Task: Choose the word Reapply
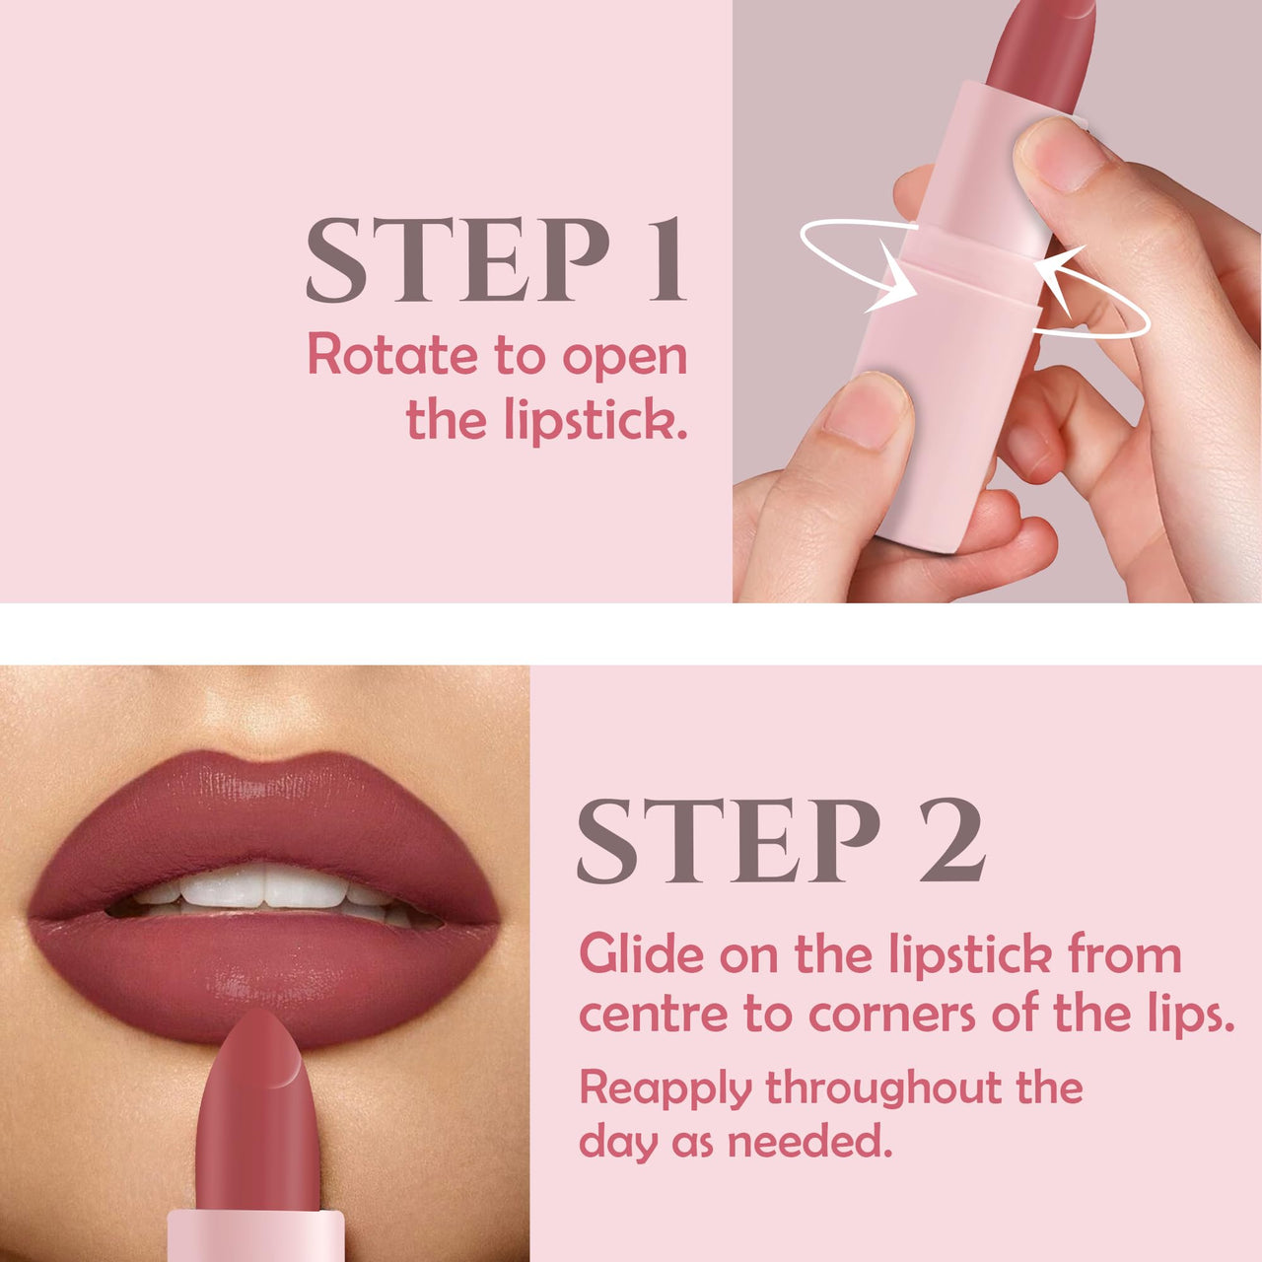point(666,1088)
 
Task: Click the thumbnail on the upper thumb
point(1053,153)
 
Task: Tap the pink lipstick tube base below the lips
point(256,1236)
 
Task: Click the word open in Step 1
point(624,357)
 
